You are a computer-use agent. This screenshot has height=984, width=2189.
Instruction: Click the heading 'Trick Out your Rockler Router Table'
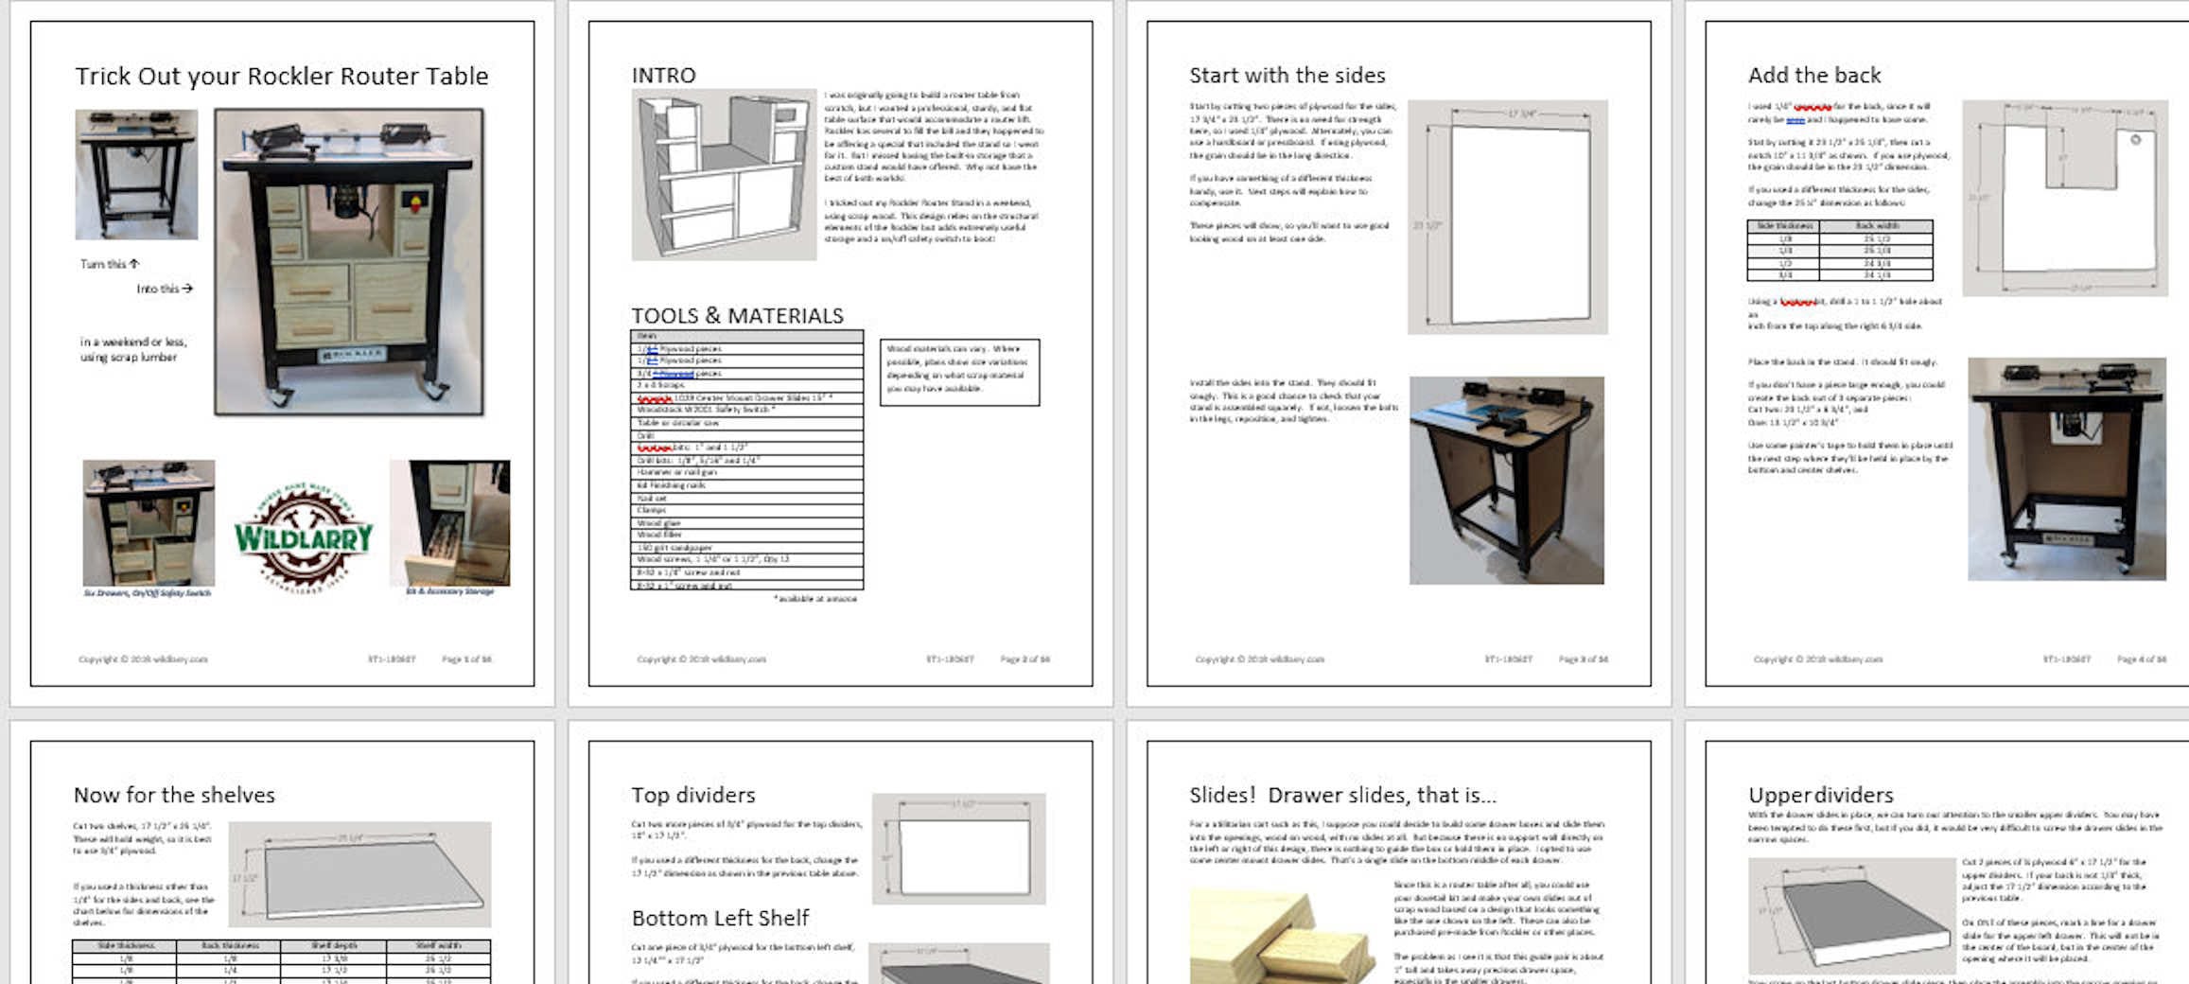click(x=281, y=77)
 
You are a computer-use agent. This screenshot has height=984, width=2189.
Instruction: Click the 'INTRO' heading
click(x=663, y=76)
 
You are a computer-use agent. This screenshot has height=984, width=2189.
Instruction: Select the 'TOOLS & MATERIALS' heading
click(x=737, y=316)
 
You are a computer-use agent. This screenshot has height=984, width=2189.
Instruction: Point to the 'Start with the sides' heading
click(x=1287, y=76)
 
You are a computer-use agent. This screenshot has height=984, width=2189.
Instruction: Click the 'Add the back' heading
click(x=1813, y=76)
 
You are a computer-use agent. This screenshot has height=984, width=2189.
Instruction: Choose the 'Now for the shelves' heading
click(x=174, y=795)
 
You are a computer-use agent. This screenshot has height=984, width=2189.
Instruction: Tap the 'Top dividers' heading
click(x=692, y=795)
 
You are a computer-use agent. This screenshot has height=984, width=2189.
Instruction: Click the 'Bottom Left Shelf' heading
click(x=720, y=918)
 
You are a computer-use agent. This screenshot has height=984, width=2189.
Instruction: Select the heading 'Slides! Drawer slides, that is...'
click(x=1342, y=795)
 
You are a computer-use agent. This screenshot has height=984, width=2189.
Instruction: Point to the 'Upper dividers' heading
click(x=1820, y=795)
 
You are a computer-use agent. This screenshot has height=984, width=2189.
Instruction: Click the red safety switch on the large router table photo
click(x=412, y=201)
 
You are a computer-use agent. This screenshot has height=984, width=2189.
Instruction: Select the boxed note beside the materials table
click(x=959, y=372)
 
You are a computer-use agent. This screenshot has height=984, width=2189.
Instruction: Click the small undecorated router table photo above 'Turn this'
click(x=136, y=174)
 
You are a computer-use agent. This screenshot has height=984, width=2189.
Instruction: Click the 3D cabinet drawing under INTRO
click(x=724, y=174)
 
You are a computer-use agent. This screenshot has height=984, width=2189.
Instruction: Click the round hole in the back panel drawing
click(x=2135, y=140)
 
